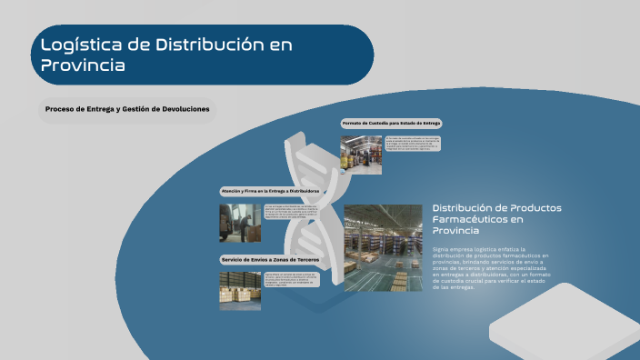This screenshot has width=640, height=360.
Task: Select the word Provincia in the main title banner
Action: point(83,65)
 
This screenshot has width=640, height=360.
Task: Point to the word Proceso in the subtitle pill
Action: point(61,109)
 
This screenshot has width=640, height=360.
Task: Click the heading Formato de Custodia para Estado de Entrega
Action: point(391,123)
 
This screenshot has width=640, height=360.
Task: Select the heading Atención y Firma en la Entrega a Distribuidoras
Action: point(271,191)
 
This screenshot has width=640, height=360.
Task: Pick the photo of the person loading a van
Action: point(239,223)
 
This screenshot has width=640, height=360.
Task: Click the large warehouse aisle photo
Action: point(383,247)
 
